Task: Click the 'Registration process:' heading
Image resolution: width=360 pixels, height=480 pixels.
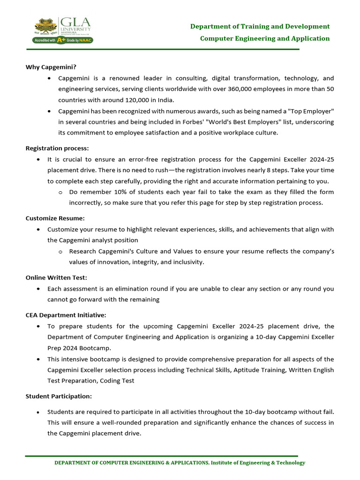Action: coord(57,148)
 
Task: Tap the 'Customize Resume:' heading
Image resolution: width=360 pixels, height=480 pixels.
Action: coord(55,218)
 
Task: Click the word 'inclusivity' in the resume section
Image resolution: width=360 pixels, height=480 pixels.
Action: coord(187,262)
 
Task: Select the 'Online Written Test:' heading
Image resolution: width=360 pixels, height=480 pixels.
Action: coord(56,277)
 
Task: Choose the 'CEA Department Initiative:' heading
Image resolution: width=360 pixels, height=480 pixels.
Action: coord(66,315)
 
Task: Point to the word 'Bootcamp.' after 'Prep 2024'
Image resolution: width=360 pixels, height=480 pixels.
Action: coord(98,348)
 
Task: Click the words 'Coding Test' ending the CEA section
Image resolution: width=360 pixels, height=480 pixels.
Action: coord(117,381)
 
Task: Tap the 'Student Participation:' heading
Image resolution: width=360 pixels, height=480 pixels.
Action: coord(59,396)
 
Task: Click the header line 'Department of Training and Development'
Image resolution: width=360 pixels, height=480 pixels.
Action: coord(260,26)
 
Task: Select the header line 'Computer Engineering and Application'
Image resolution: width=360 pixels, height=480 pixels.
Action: coord(265,38)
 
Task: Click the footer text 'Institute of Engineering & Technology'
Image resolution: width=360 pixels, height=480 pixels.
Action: coord(258,463)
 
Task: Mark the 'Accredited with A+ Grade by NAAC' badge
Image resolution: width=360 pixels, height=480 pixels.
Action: coord(62,40)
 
